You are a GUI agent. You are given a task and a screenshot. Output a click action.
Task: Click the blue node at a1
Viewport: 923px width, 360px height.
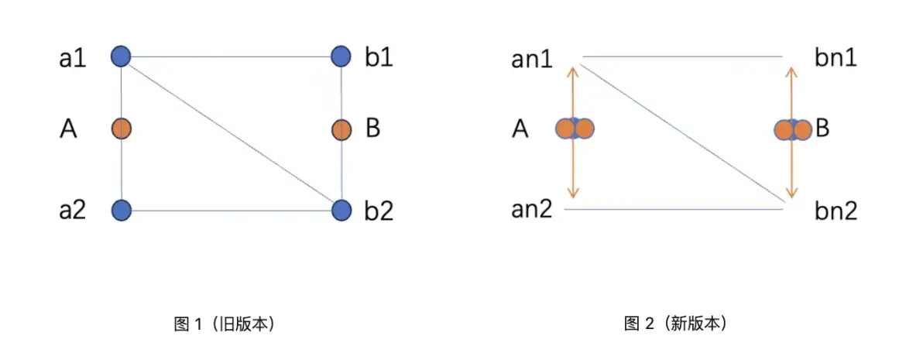pyautogui.click(x=121, y=57)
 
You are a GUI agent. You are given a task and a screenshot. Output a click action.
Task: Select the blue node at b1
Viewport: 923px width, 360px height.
pyautogui.click(x=341, y=57)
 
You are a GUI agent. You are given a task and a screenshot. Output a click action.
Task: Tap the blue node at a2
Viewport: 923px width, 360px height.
pyautogui.click(x=121, y=210)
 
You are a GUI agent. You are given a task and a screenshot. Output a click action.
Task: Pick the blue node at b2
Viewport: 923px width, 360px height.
pyautogui.click(x=341, y=210)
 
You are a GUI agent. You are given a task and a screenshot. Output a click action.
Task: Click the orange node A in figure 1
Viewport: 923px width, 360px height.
pyautogui.click(x=121, y=129)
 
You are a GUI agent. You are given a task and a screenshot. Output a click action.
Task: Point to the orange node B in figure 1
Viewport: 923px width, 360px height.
pyautogui.click(x=341, y=129)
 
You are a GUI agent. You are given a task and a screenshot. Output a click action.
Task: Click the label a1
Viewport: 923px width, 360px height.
pyautogui.click(x=73, y=58)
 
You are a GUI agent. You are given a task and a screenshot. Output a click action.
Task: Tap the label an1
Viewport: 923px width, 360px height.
pyautogui.click(x=533, y=60)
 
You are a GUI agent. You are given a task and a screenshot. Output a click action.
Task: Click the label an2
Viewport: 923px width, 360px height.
pyautogui.click(x=532, y=209)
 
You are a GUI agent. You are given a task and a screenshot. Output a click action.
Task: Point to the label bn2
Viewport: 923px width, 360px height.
pyautogui.click(x=836, y=211)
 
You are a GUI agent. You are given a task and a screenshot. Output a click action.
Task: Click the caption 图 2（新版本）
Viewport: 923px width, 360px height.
pyautogui.click(x=675, y=324)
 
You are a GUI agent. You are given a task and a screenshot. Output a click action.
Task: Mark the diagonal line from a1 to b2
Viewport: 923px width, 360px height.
pyautogui.click(x=231, y=132)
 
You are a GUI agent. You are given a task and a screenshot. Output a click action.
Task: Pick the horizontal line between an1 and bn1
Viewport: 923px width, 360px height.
pyautogui.click(x=682, y=57)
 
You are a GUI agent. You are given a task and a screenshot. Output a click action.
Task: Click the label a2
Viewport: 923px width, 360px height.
pyautogui.click(x=73, y=210)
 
